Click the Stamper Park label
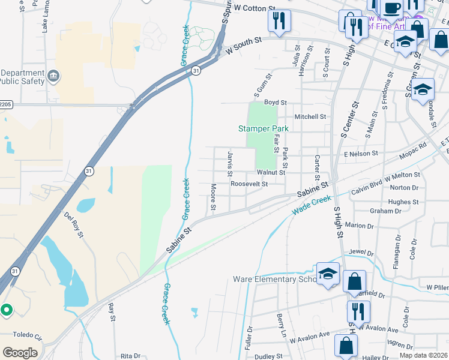click(264, 128)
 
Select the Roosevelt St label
click(249, 184)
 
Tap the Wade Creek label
click(312, 206)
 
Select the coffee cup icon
click(392, 8)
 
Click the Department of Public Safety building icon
click(54, 76)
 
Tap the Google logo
click(19, 353)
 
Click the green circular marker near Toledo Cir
click(7, 310)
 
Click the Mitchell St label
click(310, 117)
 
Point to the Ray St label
click(112, 312)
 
